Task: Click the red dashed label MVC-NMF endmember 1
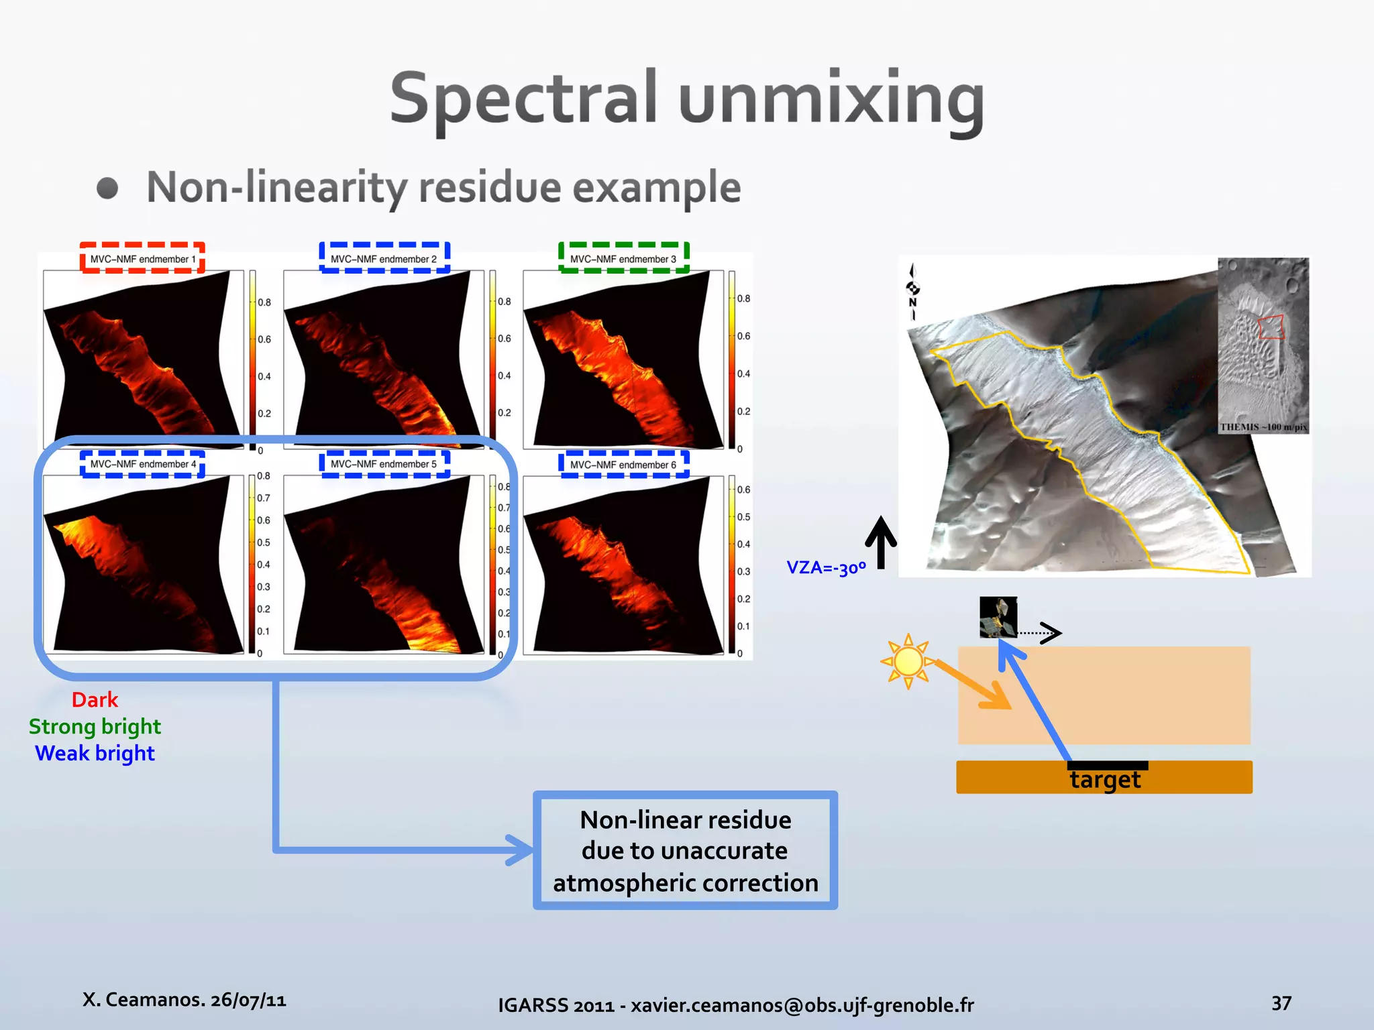(x=142, y=259)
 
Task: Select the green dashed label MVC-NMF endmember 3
(x=623, y=259)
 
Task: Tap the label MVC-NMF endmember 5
(x=384, y=464)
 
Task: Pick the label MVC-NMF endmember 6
(x=623, y=465)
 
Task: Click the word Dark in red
(x=95, y=700)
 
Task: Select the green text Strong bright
(x=95, y=727)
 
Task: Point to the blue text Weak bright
(x=95, y=754)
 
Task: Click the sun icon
(x=908, y=662)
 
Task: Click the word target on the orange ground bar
(x=1105, y=780)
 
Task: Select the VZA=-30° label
(x=826, y=568)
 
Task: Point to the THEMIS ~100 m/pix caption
(x=1263, y=427)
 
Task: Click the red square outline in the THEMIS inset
(x=1271, y=327)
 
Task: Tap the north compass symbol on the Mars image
(x=912, y=292)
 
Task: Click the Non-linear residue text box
(x=685, y=850)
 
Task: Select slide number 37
(x=1281, y=1003)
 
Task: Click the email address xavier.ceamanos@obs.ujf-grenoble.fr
(x=802, y=1005)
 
